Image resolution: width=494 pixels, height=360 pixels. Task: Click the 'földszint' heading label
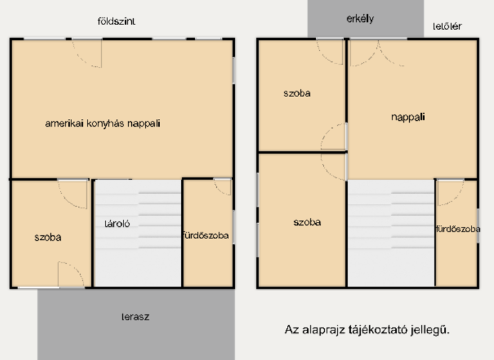[116, 21]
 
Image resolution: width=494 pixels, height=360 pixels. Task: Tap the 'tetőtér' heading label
[447, 26]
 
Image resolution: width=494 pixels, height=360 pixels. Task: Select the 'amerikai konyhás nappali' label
[103, 123]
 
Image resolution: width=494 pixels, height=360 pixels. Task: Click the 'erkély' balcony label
[360, 19]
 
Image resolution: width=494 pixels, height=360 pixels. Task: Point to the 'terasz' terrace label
[136, 317]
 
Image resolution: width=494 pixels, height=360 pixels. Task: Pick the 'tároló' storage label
[118, 224]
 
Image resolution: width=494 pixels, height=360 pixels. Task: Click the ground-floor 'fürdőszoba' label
[205, 236]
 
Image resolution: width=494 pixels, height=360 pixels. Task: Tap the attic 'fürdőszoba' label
[458, 229]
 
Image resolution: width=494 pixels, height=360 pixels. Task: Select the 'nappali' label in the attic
[408, 117]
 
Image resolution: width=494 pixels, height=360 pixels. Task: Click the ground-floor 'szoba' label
[48, 237]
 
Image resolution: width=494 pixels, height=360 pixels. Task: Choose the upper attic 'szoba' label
[297, 93]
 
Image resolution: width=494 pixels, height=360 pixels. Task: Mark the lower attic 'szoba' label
[307, 222]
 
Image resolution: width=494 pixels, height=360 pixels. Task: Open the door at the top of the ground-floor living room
[87, 53]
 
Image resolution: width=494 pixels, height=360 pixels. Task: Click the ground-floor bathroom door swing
[223, 186]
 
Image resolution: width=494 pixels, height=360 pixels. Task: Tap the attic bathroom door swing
[450, 192]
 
